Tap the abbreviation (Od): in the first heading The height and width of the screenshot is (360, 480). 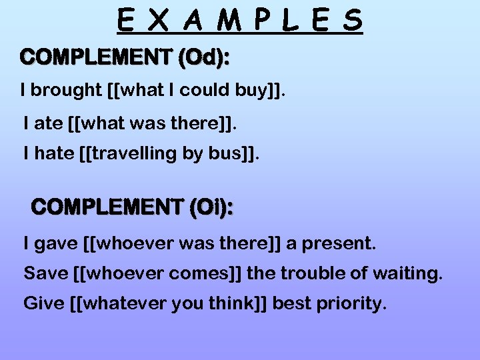[203, 58]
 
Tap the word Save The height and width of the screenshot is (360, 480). [42, 273]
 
